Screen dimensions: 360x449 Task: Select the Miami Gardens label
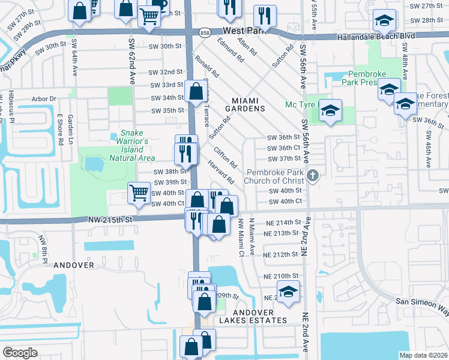(245, 103)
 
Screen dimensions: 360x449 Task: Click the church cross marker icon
(312, 176)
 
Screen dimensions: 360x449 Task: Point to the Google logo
(20, 353)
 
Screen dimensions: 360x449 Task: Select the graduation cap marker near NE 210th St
(289, 292)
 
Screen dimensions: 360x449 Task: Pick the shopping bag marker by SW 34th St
(196, 92)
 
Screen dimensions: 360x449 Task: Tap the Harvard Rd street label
(221, 172)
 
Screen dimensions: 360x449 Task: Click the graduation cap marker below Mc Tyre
(330, 111)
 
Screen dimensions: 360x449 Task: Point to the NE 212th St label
(281, 254)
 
